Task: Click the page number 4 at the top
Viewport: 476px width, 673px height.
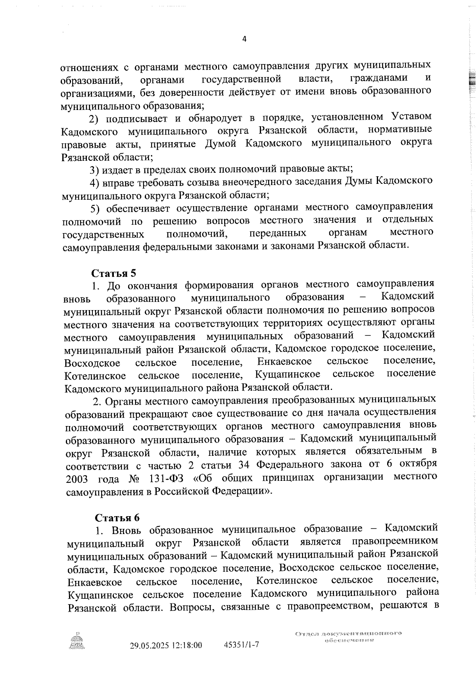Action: pos(244,39)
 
